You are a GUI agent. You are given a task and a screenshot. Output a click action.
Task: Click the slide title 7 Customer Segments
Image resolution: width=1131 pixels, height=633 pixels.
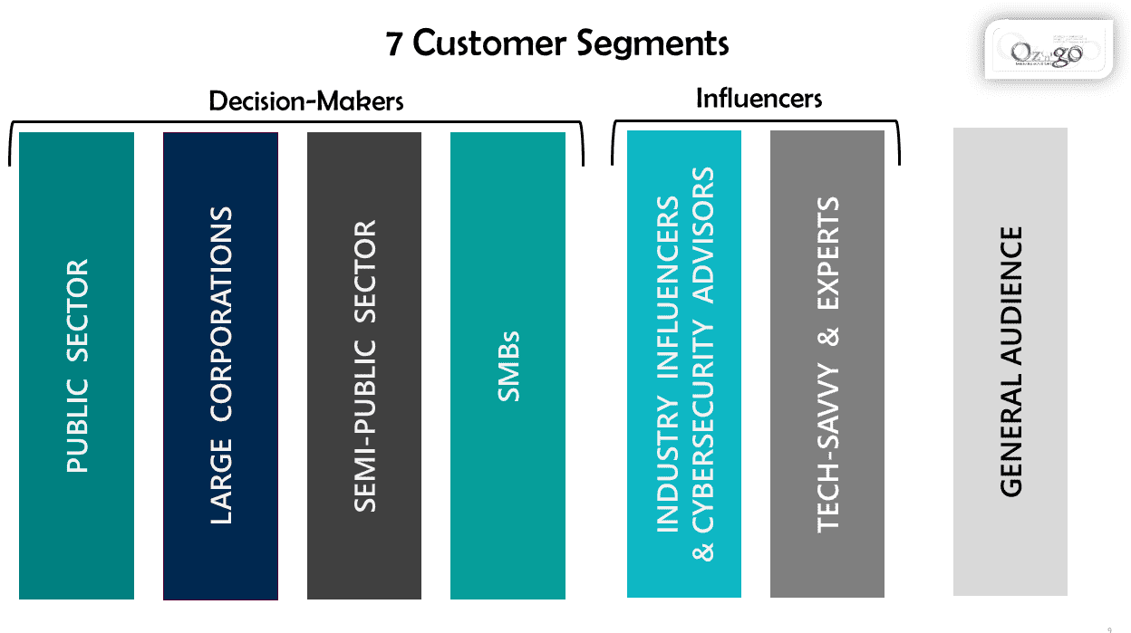(x=557, y=43)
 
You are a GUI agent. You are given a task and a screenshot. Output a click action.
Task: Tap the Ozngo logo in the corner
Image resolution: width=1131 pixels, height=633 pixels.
(x=1047, y=53)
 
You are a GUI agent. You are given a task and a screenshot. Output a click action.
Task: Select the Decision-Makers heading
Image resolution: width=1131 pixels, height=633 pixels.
(x=306, y=101)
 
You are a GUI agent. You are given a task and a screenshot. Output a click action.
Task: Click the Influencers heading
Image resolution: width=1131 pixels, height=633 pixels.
(x=759, y=98)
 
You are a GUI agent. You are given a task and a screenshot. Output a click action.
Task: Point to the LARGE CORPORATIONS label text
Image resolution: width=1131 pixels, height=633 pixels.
(x=221, y=365)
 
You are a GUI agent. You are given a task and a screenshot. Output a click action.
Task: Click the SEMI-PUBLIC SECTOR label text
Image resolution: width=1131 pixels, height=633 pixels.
(x=364, y=365)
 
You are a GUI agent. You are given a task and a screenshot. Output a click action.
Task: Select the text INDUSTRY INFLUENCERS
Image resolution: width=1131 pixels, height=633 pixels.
(x=667, y=364)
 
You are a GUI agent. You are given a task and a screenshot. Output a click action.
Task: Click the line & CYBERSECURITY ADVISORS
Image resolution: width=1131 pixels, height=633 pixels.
(x=703, y=364)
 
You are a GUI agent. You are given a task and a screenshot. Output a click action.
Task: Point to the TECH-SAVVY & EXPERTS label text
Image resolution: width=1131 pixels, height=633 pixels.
(x=828, y=364)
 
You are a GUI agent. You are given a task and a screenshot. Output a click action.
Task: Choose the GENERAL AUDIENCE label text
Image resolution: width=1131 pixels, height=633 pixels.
(x=1011, y=361)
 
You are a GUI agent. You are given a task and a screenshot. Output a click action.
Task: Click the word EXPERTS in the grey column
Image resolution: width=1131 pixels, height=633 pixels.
(x=828, y=248)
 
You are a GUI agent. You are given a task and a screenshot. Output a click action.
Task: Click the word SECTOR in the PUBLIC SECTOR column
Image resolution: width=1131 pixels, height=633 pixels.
(x=78, y=312)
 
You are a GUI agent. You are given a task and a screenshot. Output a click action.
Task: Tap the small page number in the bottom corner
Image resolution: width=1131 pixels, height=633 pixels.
(x=1110, y=627)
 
